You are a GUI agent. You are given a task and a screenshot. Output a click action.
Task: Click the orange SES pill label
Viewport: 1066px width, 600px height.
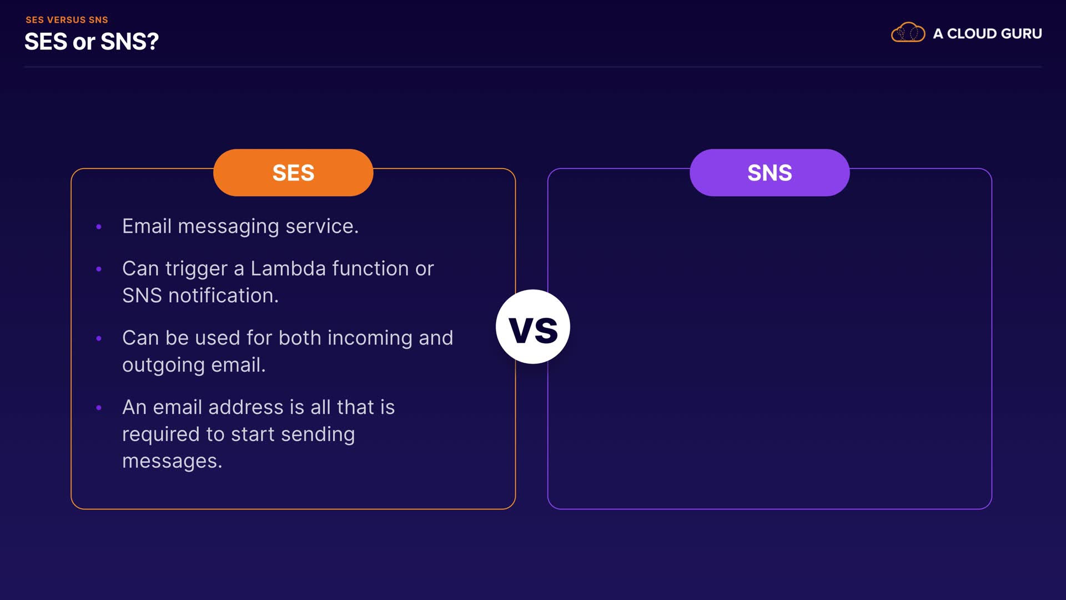click(x=293, y=172)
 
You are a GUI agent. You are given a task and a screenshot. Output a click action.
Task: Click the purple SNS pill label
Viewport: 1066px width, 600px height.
click(x=770, y=172)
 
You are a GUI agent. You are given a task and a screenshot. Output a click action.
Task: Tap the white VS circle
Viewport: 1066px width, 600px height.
click(x=533, y=327)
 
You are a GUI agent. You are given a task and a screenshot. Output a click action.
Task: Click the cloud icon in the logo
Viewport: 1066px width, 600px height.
click(x=908, y=33)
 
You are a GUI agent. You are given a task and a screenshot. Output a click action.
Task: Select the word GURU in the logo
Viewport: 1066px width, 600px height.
click(x=1017, y=34)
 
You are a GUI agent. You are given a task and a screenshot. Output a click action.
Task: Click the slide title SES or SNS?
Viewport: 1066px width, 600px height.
click(x=92, y=42)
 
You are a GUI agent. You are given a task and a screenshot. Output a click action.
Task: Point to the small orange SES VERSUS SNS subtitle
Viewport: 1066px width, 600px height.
click(x=67, y=20)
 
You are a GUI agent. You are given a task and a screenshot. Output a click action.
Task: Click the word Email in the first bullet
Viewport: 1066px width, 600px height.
click(x=147, y=226)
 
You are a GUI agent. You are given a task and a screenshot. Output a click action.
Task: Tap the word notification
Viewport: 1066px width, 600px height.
click(x=223, y=296)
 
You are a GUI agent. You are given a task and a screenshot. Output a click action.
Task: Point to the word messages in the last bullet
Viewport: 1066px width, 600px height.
click(x=172, y=462)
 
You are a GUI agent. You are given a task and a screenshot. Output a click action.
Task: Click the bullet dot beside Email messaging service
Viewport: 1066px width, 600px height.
click(x=99, y=227)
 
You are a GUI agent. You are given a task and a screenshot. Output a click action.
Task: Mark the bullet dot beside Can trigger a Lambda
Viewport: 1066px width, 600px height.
click(x=99, y=269)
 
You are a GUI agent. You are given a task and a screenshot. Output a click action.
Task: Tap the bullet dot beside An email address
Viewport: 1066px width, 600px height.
click(x=99, y=408)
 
